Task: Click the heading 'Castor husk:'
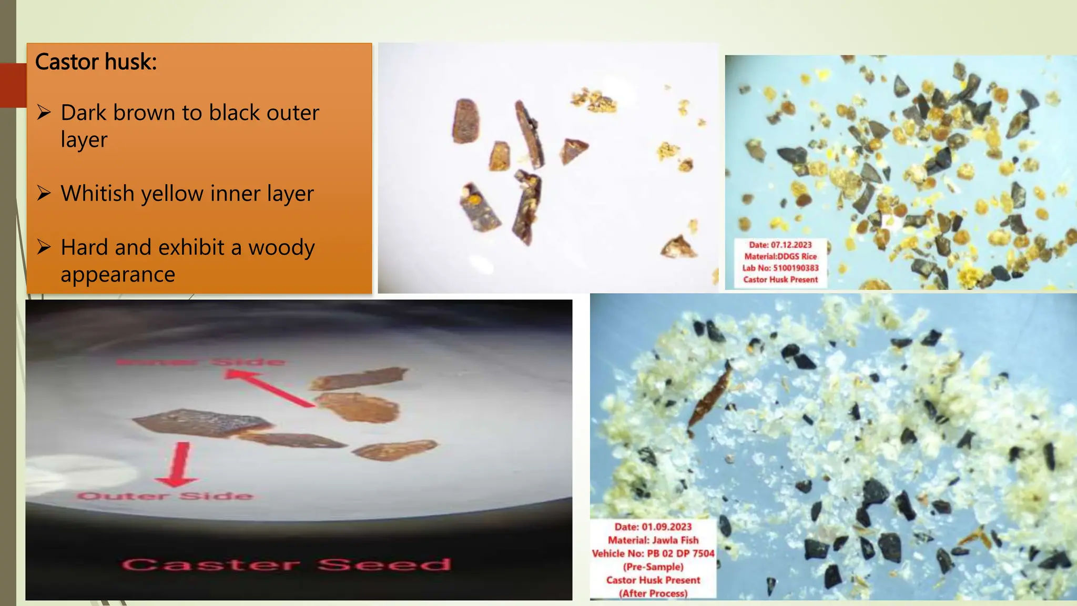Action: (96, 62)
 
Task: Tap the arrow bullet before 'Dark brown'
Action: (44, 112)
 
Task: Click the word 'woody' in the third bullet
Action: (281, 247)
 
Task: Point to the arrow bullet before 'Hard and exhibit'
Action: (44, 247)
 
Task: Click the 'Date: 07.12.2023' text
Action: (780, 245)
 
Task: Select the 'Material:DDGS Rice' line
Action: (780, 257)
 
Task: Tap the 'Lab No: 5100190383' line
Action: (780, 268)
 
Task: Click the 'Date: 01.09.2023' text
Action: (653, 527)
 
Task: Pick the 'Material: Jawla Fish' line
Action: (653, 540)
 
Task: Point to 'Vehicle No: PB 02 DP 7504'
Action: (653, 553)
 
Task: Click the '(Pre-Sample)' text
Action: (653, 567)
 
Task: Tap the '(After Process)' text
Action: (653, 593)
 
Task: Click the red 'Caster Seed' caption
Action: (287, 565)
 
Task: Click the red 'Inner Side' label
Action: (200, 362)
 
